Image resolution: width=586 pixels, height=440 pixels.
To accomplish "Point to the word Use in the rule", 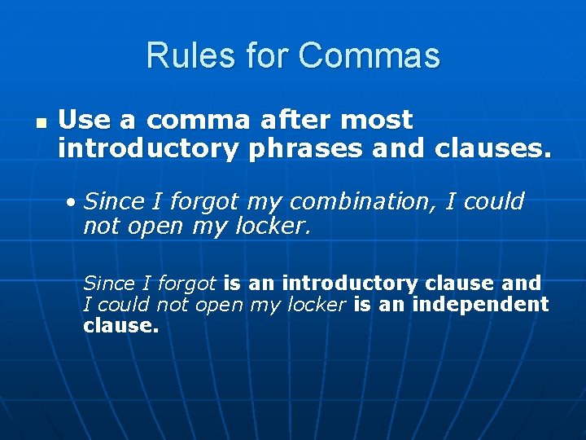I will click(x=85, y=121).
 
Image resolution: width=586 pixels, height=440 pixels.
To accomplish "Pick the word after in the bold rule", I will click(x=297, y=121).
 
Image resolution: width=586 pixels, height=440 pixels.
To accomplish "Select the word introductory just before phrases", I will click(x=149, y=148).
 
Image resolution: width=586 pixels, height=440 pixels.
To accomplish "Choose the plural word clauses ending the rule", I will click(x=492, y=148).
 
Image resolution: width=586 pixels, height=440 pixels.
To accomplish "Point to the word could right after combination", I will click(x=494, y=201).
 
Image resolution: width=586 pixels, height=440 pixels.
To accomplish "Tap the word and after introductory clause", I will click(x=522, y=284).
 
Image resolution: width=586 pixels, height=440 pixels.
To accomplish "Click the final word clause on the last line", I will click(x=120, y=326).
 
